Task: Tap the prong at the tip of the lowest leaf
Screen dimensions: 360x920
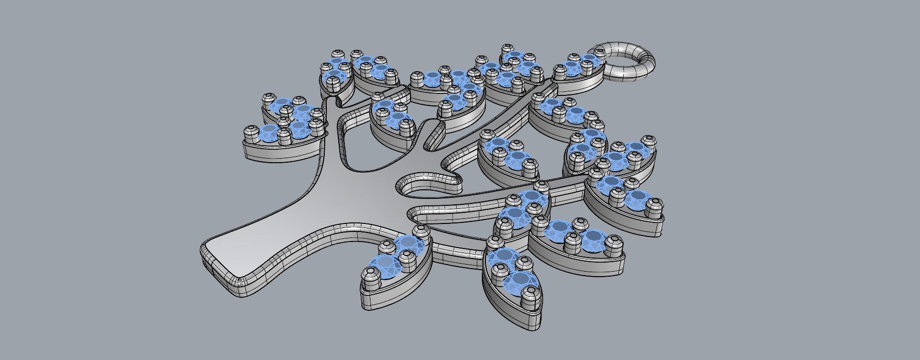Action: click(531, 297)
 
